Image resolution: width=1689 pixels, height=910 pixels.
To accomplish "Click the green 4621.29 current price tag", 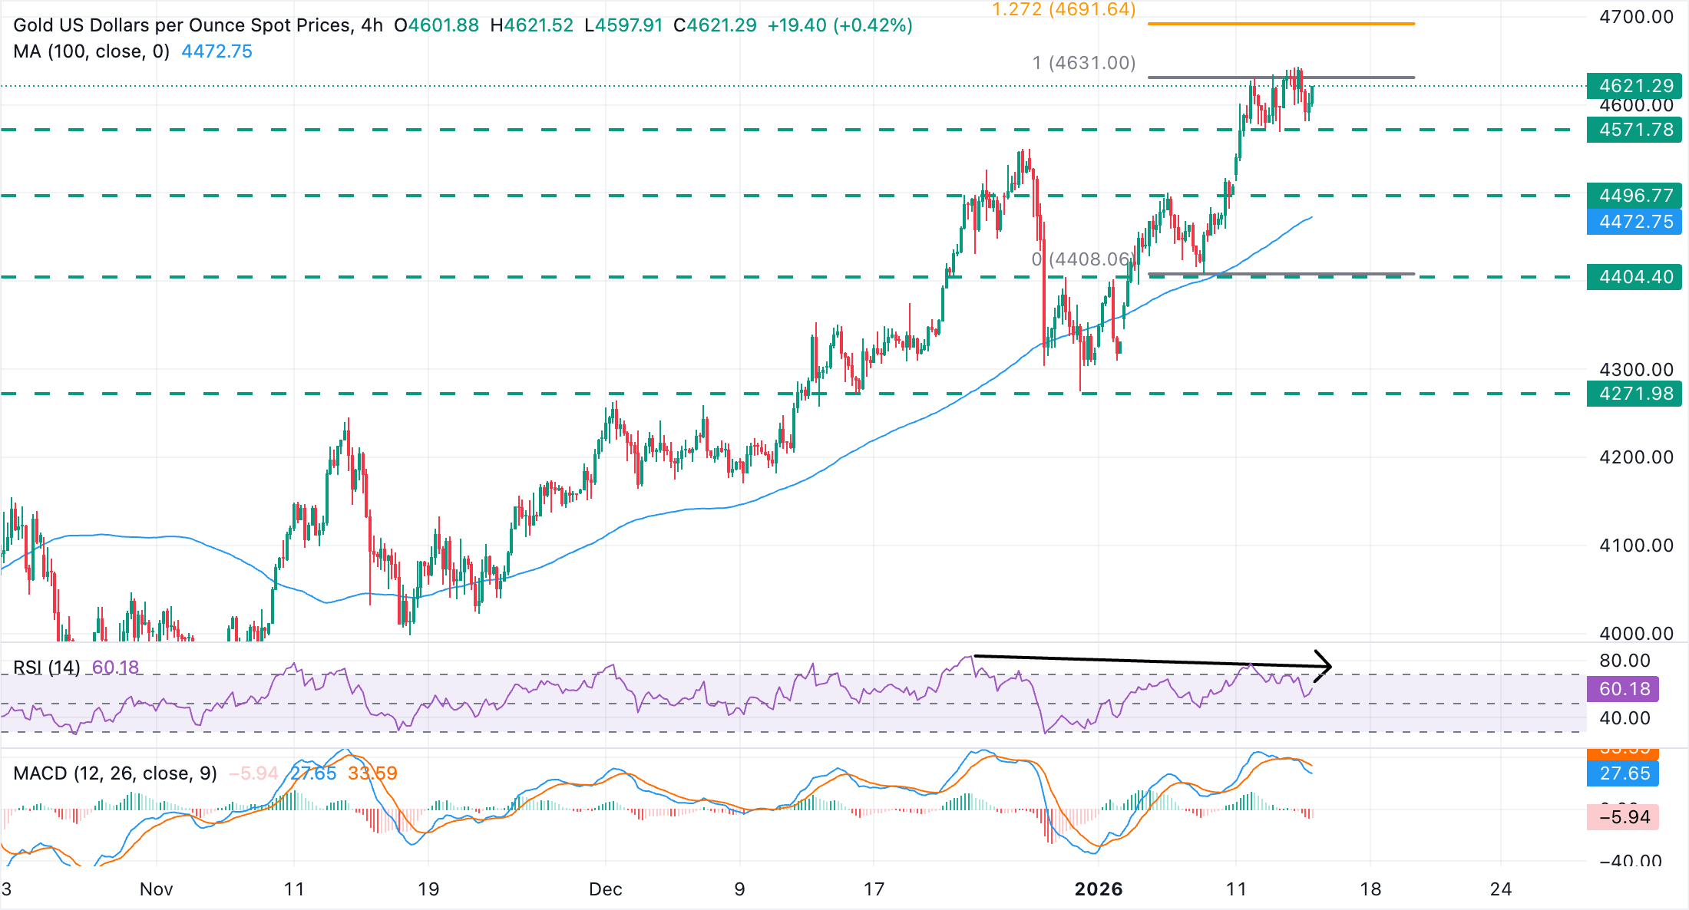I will click(1634, 85).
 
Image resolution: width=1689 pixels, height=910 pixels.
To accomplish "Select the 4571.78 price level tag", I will click(1634, 130).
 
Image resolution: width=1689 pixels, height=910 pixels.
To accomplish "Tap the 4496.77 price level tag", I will click(1634, 196).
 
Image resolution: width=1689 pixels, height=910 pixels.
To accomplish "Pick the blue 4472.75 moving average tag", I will click(1634, 222).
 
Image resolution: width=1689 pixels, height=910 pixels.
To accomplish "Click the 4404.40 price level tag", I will click(1634, 277).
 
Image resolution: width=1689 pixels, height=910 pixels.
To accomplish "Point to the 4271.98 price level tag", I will click(1634, 394).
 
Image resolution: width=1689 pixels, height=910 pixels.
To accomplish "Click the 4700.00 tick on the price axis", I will click(1636, 17).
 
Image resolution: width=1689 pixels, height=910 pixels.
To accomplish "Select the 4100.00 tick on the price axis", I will click(1636, 546).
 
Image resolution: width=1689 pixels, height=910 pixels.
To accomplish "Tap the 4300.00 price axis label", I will click(1636, 370).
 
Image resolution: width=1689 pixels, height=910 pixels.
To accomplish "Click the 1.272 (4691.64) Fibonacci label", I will click(1063, 10).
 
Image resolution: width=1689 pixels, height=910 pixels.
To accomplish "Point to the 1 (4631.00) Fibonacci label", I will click(1083, 63).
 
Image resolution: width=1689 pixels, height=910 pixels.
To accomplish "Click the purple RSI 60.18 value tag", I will click(1624, 689).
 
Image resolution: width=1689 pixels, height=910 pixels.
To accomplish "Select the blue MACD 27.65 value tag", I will click(1624, 773).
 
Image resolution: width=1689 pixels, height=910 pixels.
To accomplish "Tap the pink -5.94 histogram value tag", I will click(1624, 817).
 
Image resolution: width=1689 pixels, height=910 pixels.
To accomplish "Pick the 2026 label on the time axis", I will click(1099, 889).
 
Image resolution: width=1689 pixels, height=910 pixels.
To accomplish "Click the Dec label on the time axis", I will click(605, 889).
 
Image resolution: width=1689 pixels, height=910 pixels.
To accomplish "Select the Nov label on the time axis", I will click(156, 889).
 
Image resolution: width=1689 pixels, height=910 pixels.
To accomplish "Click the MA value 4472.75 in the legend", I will click(216, 51).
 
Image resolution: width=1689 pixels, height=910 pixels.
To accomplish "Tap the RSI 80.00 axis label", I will click(1625, 661).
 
